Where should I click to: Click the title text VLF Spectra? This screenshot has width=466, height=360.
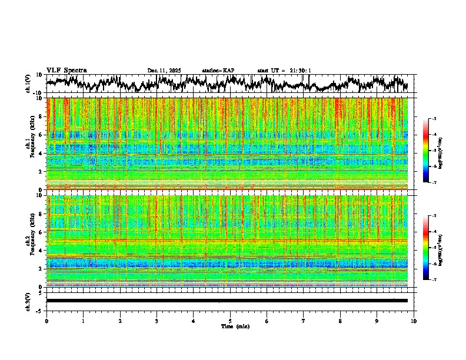66,70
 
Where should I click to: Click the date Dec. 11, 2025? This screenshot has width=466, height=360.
164,71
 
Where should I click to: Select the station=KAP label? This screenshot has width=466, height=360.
218,71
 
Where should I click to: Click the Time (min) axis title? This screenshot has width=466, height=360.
235,326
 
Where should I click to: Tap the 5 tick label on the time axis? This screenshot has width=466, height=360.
230,321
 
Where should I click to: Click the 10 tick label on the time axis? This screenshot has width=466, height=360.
414,321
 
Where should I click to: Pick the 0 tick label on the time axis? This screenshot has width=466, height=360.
46,321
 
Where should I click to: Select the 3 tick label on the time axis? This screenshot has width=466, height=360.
157,321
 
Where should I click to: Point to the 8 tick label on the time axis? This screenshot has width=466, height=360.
340,321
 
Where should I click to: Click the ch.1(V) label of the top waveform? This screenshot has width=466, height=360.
28,84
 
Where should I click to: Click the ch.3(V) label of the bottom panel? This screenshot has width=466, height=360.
28,300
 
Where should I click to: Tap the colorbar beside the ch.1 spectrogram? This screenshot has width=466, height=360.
427,151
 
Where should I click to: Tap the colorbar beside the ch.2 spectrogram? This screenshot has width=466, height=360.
427,248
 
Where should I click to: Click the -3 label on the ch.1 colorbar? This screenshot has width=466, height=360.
434,119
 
